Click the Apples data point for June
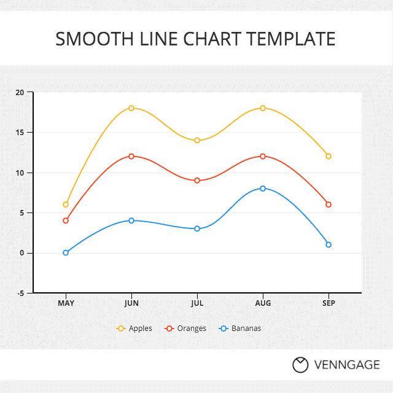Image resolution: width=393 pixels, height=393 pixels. [x=131, y=108]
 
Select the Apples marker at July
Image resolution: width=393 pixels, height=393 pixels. [x=197, y=141]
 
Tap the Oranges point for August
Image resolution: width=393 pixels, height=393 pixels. [x=263, y=157]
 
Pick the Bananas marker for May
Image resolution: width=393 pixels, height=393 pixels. [x=66, y=252]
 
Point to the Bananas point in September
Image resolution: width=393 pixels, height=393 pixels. [x=329, y=244]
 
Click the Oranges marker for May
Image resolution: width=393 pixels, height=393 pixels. [x=66, y=220]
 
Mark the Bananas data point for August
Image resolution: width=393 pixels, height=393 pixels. [x=263, y=189]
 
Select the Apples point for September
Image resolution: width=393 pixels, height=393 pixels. [x=329, y=157]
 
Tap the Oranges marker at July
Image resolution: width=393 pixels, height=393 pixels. [x=197, y=181]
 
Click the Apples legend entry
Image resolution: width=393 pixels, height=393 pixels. [x=134, y=329]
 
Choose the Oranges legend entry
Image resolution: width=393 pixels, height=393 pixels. [x=185, y=329]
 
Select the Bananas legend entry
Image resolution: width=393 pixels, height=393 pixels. [x=240, y=329]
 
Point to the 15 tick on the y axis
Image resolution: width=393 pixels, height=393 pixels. [x=20, y=133]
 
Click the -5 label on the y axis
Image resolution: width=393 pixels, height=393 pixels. [x=20, y=294]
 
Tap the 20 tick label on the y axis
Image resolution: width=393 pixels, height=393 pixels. [x=20, y=93]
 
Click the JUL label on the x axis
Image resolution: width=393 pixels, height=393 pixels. [x=197, y=303]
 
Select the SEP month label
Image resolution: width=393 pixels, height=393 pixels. [x=329, y=303]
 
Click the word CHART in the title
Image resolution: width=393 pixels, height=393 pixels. [x=212, y=39]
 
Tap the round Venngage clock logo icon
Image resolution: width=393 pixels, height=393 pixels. [x=300, y=365]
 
